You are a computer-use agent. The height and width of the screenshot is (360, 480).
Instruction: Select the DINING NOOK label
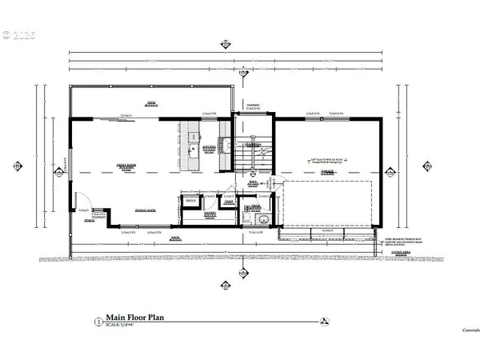click(x=146, y=210)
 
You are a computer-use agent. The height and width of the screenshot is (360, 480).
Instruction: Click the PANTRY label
click(x=210, y=214)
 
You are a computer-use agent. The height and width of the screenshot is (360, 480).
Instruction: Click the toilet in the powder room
click(x=256, y=218)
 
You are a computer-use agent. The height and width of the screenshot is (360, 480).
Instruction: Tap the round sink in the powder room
click(x=257, y=209)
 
